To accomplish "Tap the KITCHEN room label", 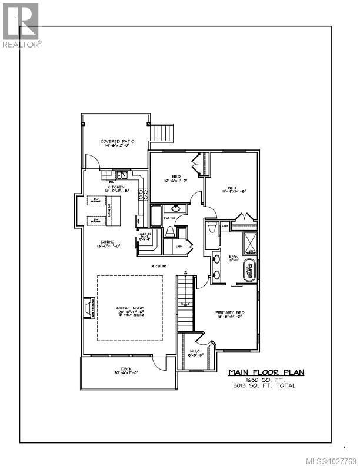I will pos(115,187).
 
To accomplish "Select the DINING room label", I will pos(107,242).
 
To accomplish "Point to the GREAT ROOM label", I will pos(130,308).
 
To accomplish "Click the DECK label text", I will pos(126,370).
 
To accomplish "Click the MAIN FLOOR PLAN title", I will pos(262,372).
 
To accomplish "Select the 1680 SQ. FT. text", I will pos(262,380).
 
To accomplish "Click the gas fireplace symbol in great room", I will pos(88,307).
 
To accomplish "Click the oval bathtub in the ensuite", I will pos(251,270).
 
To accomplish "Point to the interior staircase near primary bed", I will pos(185,303).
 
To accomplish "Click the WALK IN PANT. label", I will pos(145,237).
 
